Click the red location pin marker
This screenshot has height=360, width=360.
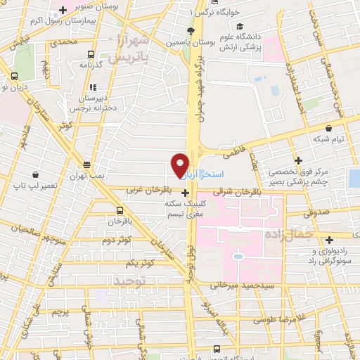click(x=181, y=165)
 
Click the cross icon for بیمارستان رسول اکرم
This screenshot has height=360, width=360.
click(x=63, y=10)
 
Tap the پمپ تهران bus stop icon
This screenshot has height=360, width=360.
click(x=86, y=162)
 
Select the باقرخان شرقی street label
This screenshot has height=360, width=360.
click(x=233, y=190)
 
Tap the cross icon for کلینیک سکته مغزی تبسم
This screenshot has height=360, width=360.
click(x=185, y=192)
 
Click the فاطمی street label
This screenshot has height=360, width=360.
click(x=232, y=150)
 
